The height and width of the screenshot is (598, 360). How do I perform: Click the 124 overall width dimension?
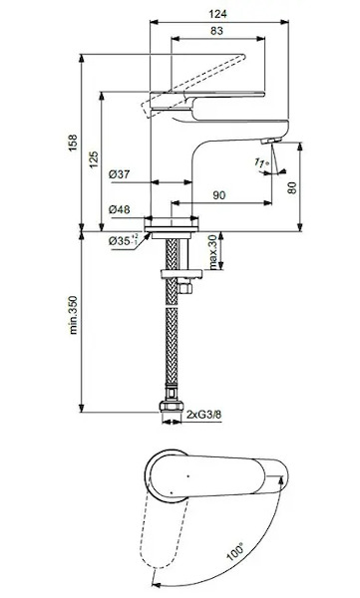(x=217, y=14)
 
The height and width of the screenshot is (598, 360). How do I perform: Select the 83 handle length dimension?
(x=216, y=31)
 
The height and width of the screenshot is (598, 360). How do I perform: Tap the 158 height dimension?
(x=73, y=143)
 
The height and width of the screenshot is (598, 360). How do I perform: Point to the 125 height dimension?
(x=94, y=159)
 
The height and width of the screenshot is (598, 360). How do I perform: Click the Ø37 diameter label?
(x=119, y=174)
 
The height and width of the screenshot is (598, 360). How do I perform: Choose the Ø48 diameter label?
(x=119, y=209)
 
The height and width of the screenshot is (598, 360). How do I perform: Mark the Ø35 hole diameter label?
(x=123, y=240)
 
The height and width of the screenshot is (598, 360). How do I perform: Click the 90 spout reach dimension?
(x=218, y=195)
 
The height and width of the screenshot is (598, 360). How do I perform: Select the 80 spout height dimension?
(x=292, y=187)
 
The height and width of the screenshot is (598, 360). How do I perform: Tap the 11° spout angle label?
(x=261, y=162)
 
